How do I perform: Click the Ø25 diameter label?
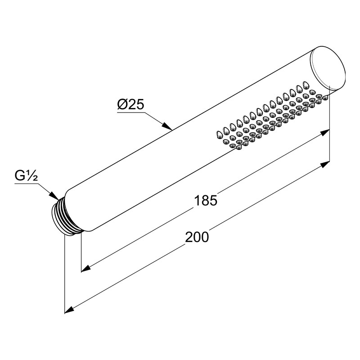(130, 105)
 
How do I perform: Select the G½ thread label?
(26, 176)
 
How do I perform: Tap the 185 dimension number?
(206, 200)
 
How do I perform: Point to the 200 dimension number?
(197, 237)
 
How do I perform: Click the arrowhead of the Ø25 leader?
(167, 126)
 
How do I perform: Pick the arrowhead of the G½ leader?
(54, 196)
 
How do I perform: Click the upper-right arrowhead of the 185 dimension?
(325, 132)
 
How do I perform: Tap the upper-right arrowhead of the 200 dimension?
(325, 165)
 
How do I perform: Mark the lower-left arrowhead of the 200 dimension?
(70, 310)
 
